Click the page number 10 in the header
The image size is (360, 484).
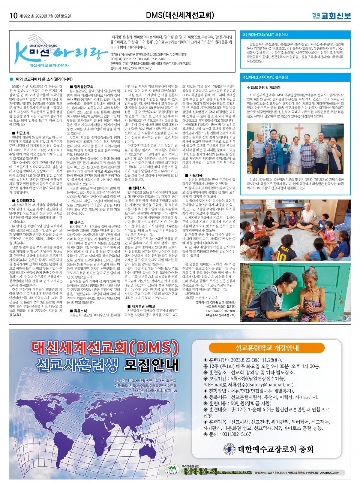(x=13, y=15)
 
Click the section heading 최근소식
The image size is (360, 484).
(x=22, y=133)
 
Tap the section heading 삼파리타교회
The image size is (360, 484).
(x=26, y=200)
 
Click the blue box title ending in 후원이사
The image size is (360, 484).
(x=265, y=34)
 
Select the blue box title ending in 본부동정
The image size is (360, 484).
(x=265, y=77)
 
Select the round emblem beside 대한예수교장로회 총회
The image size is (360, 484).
(x=230, y=449)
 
